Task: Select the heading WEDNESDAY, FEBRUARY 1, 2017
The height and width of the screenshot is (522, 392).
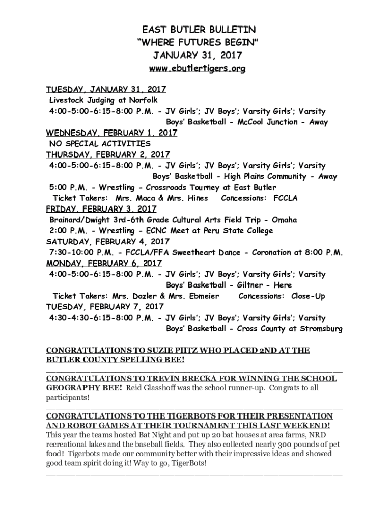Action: pyautogui.click(x=111, y=133)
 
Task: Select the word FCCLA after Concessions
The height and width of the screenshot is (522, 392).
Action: pyautogui.click(x=286, y=198)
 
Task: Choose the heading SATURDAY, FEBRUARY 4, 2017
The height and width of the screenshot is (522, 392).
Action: pyautogui.click(x=108, y=242)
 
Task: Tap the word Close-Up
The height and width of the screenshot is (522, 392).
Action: pyautogui.click(x=308, y=296)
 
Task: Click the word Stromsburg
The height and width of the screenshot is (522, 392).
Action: pyautogui.click(x=320, y=329)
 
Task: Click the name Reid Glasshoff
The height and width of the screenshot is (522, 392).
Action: pyautogui.click(x=156, y=388)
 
